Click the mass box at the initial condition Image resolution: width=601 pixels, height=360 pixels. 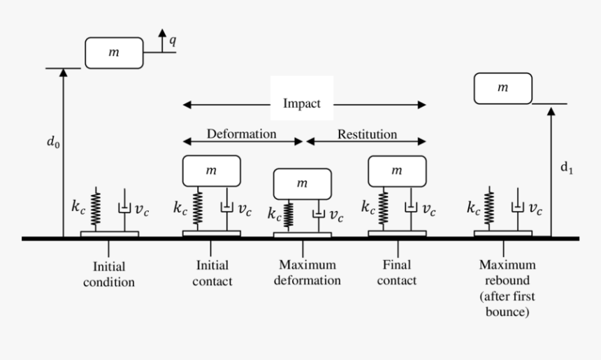click(114, 53)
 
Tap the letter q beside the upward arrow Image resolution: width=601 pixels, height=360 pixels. click(173, 41)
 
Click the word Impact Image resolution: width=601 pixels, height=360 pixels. click(302, 103)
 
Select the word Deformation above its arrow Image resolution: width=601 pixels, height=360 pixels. click(241, 133)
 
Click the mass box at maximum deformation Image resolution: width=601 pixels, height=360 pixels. click(302, 184)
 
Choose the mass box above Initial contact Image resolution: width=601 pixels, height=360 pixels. click(212, 171)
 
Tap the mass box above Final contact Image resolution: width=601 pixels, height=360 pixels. click(397, 171)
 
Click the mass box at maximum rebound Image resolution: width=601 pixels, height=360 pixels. click(502, 88)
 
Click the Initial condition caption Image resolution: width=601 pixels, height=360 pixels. click(113, 274)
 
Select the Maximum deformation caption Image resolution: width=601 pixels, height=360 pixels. click(307, 273)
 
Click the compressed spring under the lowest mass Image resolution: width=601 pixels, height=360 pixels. click(289, 215)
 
